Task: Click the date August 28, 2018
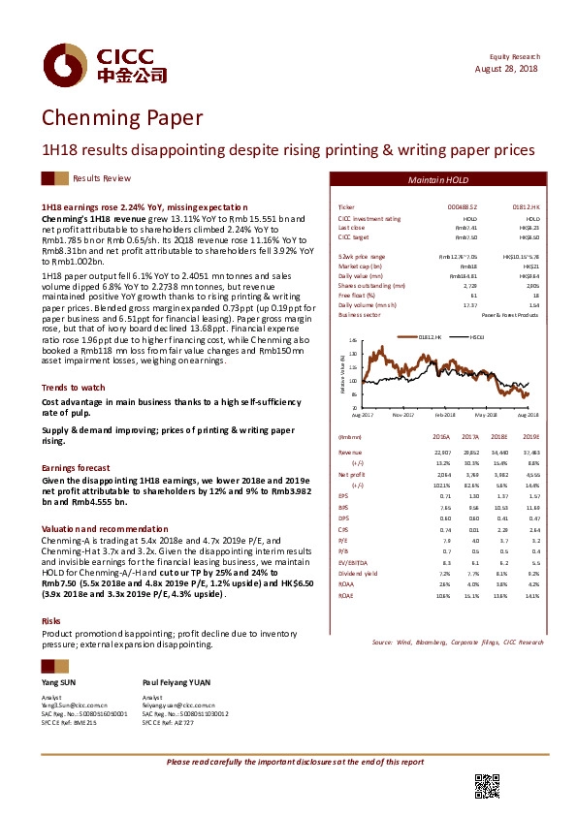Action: (505, 69)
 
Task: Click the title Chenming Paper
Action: (121, 118)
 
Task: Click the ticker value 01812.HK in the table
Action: (527, 208)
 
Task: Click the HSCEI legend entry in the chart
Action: (477, 336)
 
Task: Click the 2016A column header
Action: (442, 437)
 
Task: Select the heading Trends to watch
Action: (74, 387)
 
